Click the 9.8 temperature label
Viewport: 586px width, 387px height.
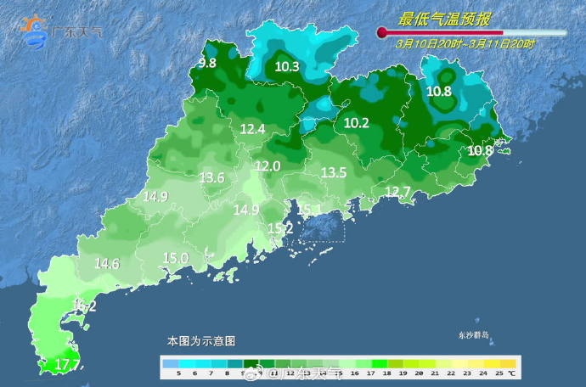(x=207, y=63)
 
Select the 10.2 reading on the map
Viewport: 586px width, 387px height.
(x=357, y=123)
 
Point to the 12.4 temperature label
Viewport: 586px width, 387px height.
(x=253, y=129)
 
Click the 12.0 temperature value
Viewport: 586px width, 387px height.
(x=268, y=166)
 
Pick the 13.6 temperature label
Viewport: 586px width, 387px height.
(x=211, y=178)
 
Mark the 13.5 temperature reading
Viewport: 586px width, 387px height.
(x=334, y=172)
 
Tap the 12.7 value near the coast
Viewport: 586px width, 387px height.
(x=397, y=191)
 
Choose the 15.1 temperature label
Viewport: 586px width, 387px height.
(x=309, y=209)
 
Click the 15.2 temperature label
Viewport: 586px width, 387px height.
(x=280, y=228)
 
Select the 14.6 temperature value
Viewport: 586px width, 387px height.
(x=107, y=263)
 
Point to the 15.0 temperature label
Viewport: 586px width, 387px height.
(x=175, y=258)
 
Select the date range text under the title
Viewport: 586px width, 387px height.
(x=465, y=44)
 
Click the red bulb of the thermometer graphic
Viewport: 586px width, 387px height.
(x=382, y=34)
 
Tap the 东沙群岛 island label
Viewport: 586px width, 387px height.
(x=473, y=334)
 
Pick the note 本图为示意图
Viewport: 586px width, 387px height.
(x=201, y=340)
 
